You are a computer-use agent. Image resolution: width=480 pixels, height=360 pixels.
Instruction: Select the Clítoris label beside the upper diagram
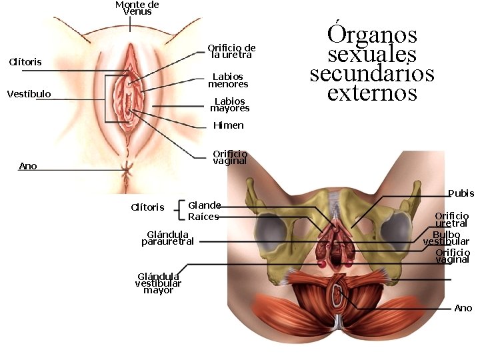[25, 62]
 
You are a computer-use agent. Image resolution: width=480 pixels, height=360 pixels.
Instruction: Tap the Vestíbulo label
[29, 94]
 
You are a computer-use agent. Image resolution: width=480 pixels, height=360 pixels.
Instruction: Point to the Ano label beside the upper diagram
[28, 166]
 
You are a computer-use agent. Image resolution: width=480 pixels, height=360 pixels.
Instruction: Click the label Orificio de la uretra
[231, 51]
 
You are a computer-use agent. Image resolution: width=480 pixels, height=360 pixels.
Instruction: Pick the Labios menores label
[228, 81]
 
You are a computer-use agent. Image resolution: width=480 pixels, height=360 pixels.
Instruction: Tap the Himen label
[228, 125]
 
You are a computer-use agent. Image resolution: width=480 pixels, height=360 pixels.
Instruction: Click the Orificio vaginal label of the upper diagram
[229, 157]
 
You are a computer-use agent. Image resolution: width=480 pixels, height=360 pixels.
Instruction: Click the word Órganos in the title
[372, 34]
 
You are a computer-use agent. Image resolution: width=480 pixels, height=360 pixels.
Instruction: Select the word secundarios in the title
[371, 73]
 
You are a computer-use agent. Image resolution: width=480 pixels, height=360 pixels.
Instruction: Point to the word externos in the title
[372, 92]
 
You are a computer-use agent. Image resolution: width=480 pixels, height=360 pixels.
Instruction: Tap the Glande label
[204, 205]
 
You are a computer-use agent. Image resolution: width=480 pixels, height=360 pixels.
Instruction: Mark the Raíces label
[203, 217]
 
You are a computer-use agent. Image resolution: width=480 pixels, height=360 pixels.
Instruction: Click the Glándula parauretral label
[167, 238]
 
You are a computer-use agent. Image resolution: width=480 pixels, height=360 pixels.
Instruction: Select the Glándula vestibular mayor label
[158, 283]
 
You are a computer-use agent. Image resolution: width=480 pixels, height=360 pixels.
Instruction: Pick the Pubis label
[461, 193]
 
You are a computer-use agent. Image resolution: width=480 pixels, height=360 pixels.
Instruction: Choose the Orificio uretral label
[451, 220]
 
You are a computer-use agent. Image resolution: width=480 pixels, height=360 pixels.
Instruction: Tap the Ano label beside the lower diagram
[463, 308]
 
